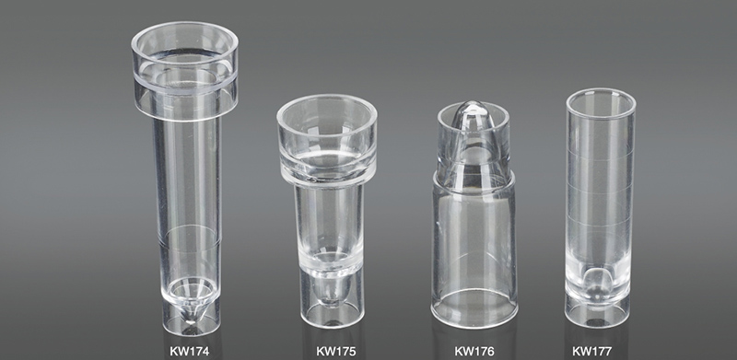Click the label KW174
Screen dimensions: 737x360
click(x=189, y=351)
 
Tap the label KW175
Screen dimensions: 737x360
click(x=335, y=351)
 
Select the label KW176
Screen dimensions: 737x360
click(x=474, y=351)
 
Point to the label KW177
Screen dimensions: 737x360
click(x=591, y=351)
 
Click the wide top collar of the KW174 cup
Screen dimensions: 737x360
click(x=185, y=71)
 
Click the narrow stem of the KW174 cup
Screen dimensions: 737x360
click(x=188, y=197)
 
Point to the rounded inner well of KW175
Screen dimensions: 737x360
click(x=329, y=291)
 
